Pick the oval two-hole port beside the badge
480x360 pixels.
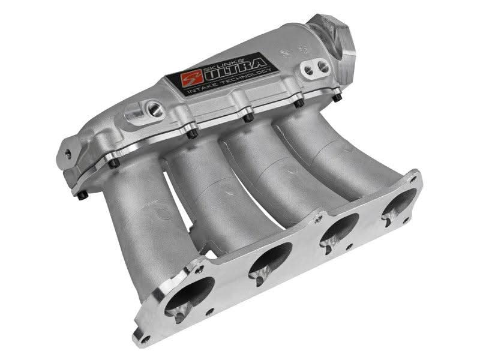point(316,68)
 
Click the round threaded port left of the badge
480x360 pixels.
point(155,109)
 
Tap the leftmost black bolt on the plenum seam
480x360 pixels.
point(82,195)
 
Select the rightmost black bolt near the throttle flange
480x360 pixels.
point(337,97)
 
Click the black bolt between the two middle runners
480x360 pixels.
point(248,117)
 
